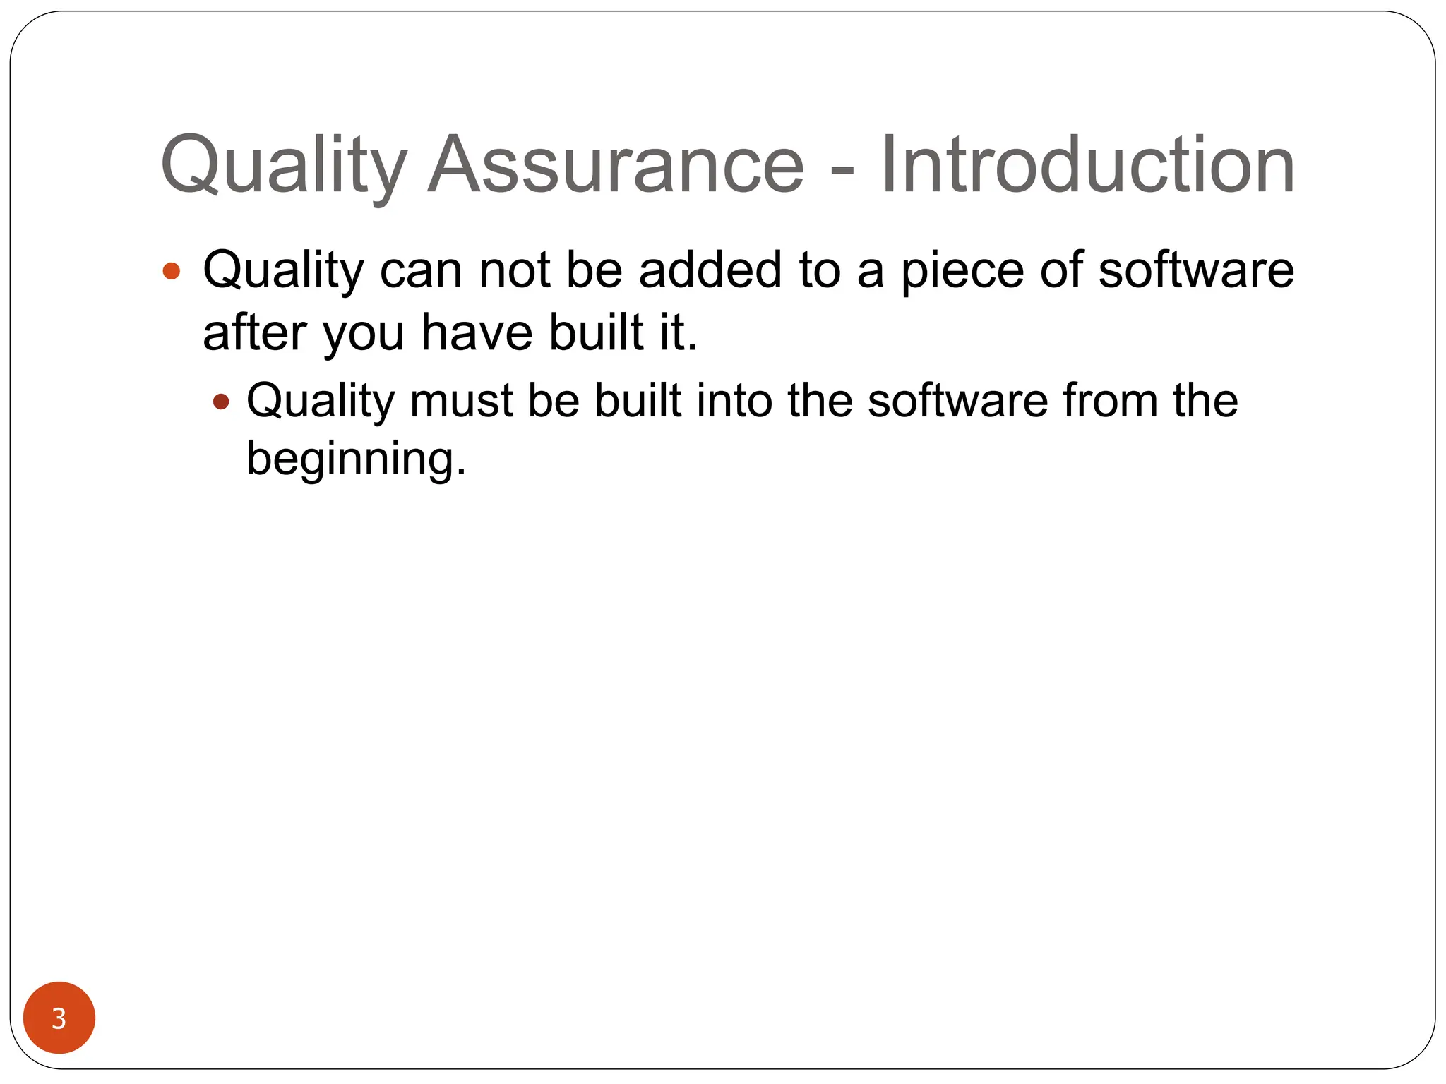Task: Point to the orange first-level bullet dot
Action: click(172, 271)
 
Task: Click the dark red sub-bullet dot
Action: click(221, 402)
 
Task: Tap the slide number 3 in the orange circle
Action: click(59, 1018)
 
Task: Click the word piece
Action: click(962, 271)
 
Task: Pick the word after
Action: click(254, 332)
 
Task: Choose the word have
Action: click(477, 332)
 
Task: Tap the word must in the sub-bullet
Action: click(461, 401)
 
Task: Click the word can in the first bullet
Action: click(421, 271)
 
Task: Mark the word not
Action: click(515, 270)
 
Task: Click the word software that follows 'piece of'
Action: click(1196, 270)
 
